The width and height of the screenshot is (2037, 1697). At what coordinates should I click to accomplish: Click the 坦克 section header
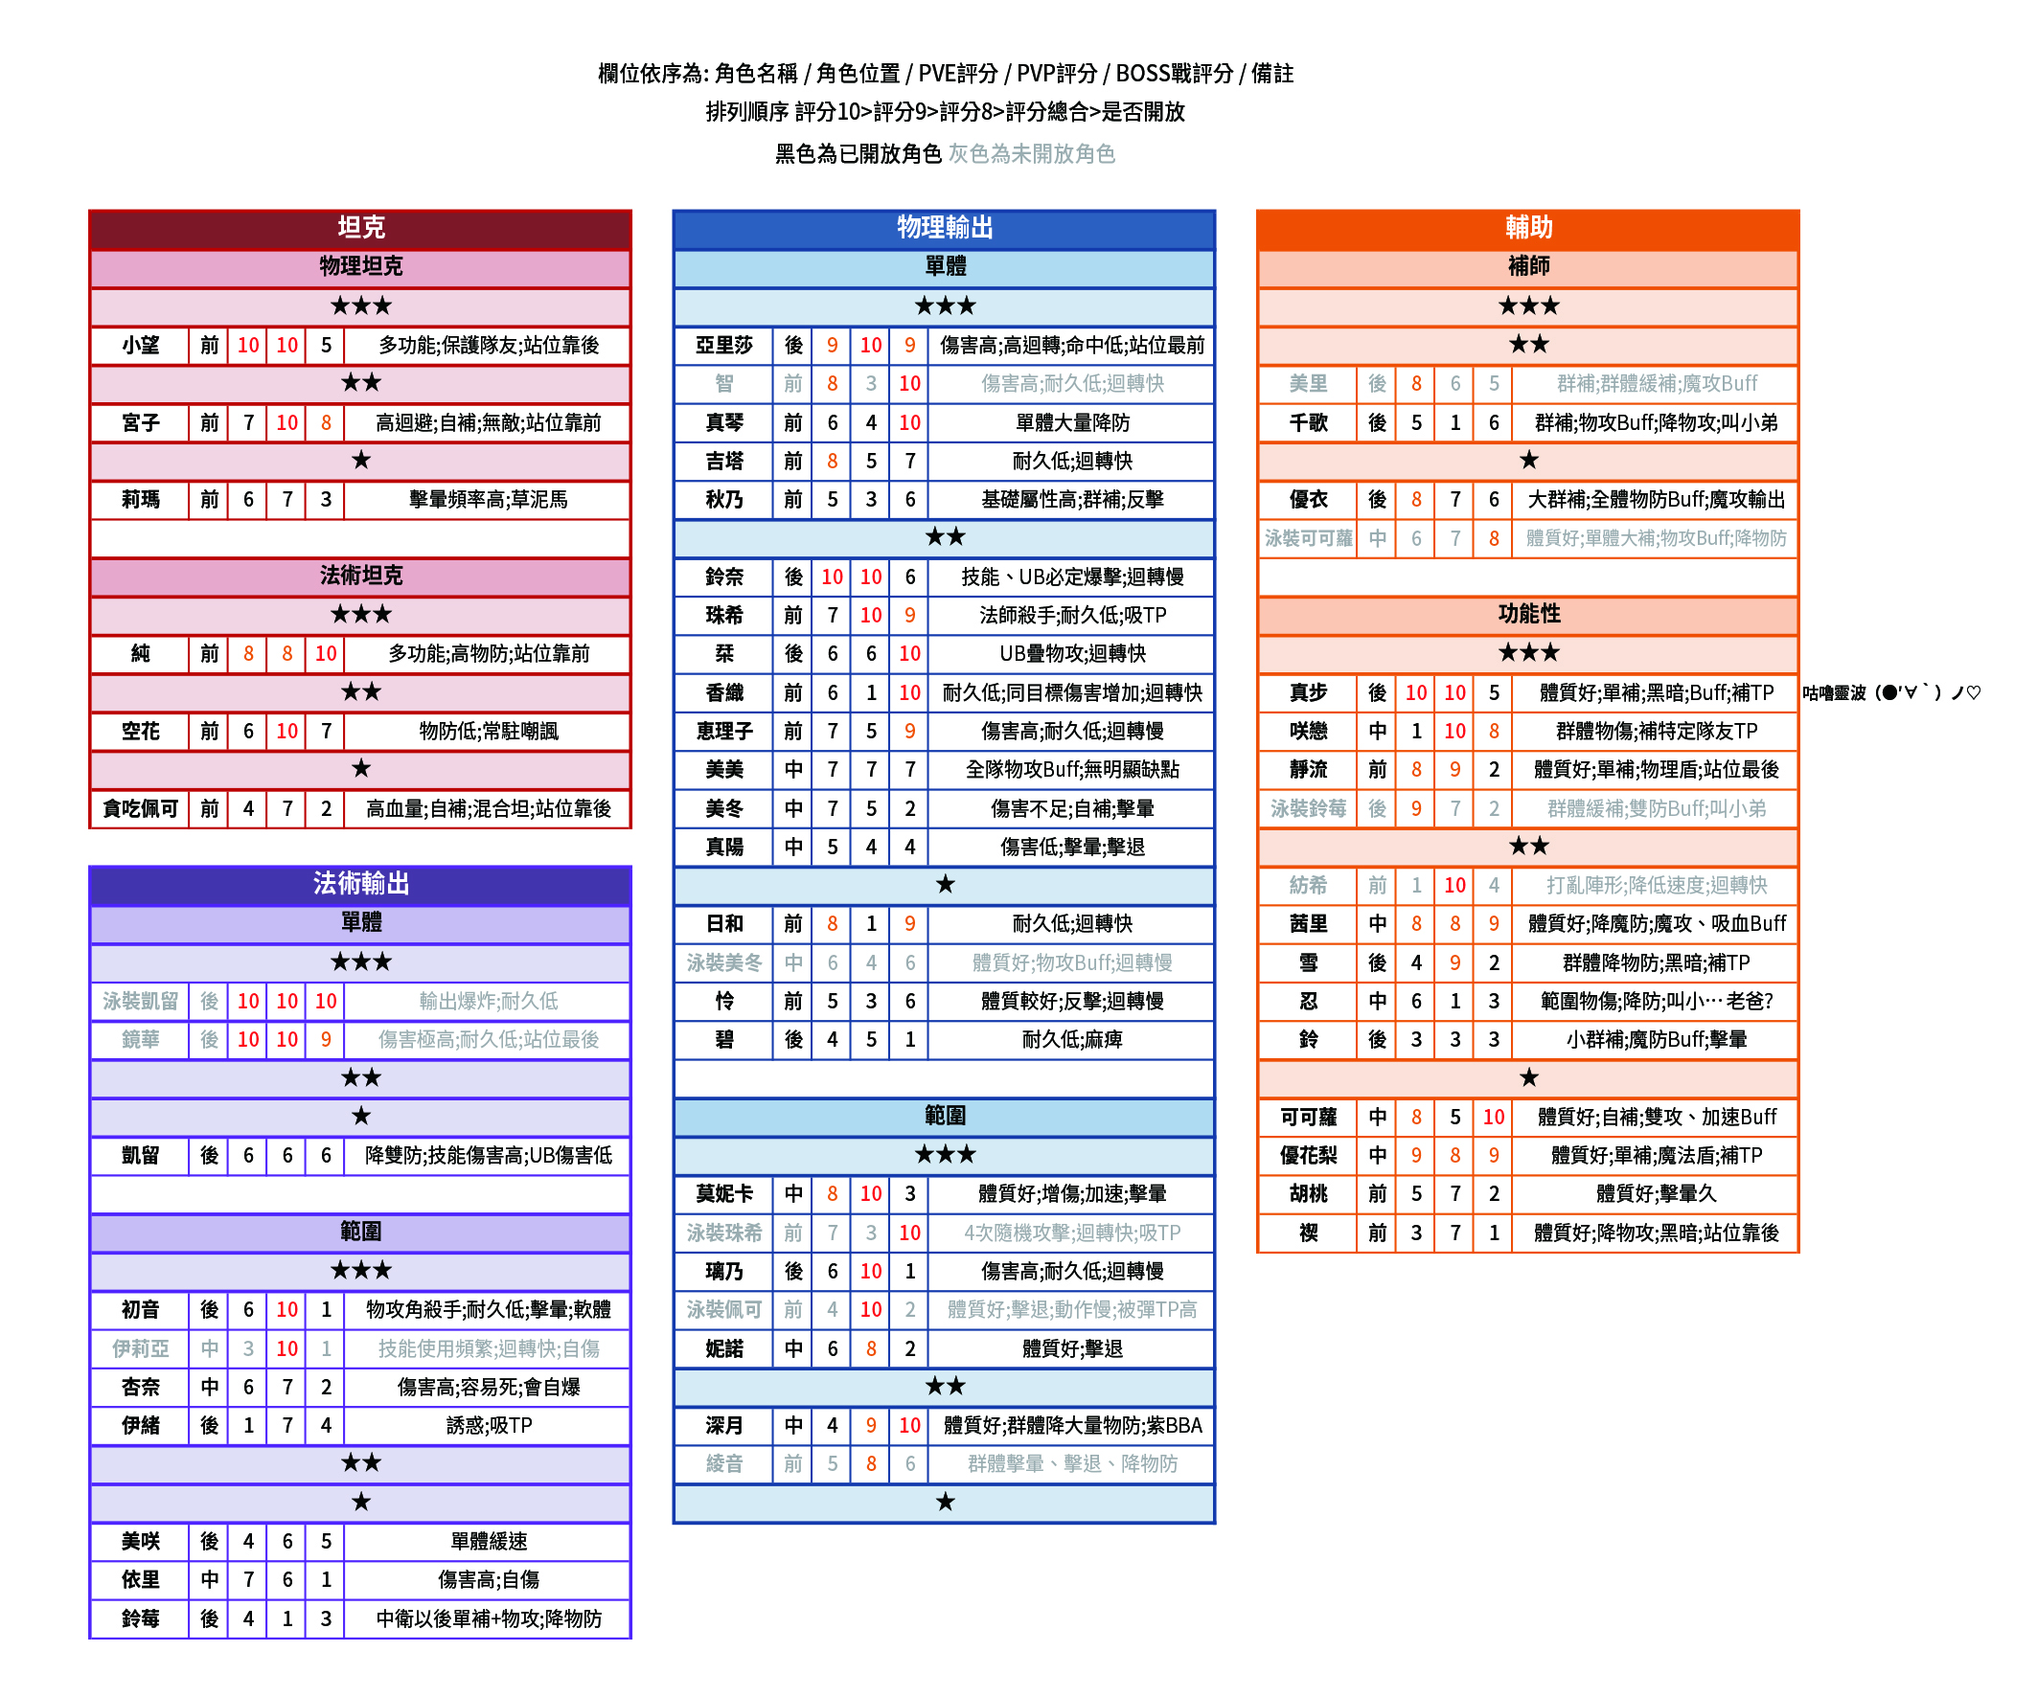point(360,228)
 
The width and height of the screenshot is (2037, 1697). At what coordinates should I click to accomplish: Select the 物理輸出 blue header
point(944,228)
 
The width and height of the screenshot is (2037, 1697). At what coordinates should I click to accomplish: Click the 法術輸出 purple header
point(360,883)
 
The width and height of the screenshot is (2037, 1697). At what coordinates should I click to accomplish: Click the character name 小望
point(141,345)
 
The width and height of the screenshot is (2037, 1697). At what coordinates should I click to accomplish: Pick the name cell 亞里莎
point(723,345)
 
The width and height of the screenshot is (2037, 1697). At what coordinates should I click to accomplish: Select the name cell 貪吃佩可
point(141,808)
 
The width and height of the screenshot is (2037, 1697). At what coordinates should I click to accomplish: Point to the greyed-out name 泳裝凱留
point(141,1001)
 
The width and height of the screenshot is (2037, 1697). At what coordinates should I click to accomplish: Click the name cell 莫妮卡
point(723,1193)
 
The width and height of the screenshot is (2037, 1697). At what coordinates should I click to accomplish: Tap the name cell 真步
point(1308,692)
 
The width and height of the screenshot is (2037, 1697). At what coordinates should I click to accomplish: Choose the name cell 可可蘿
point(1308,1117)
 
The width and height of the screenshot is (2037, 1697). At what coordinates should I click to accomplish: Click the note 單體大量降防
point(1072,422)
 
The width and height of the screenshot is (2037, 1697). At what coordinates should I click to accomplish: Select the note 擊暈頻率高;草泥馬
point(488,499)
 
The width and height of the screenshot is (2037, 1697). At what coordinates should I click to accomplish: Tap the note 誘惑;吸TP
point(488,1425)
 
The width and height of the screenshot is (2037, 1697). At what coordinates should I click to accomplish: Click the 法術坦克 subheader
point(360,576)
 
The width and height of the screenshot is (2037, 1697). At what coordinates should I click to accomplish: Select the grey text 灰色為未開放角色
point(1031,154)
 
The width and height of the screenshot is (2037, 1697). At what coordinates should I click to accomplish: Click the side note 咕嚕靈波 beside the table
point(1890,692)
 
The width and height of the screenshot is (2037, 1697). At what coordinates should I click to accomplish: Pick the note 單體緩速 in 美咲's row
point(488,1541)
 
